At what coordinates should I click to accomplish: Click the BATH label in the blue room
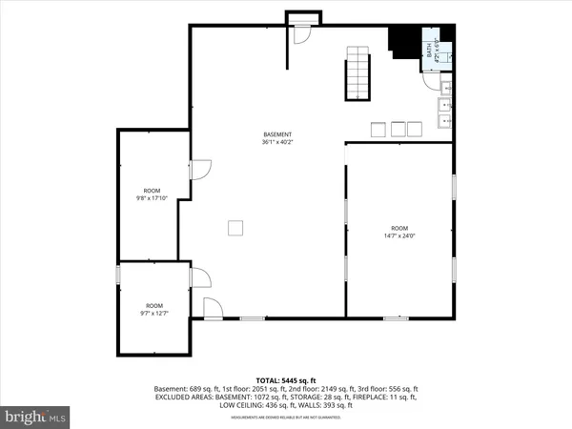tap(430, 49)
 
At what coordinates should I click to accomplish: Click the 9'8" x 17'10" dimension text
tap(153, 198)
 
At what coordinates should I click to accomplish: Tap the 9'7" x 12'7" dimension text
tap(153, 313)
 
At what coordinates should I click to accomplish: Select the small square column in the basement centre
tap(235, 227)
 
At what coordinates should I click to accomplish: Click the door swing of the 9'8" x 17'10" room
tap(200, 170)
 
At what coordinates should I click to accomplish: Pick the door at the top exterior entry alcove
tap(302, 32)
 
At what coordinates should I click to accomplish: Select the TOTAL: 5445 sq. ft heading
tap(285, 379)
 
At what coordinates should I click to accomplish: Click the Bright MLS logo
tap(36, 417)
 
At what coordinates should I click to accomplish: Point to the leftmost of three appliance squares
tap(377, 129)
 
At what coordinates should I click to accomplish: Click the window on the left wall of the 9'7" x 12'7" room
tap(117, 275)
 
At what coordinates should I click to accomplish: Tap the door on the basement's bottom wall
tap(214, 307)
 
